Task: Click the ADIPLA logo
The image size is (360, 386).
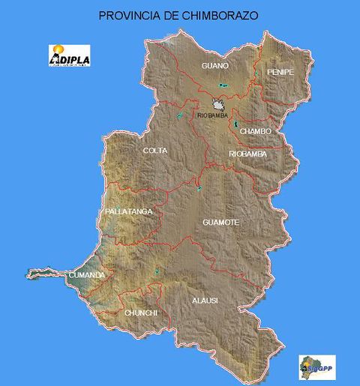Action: pyautogui.click(x=69, y=55)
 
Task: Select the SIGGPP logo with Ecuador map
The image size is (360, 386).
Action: pyautogui.click(x=317, y=367)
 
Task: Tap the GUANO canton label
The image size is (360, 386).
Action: pyautogui.click(x=215, y=66)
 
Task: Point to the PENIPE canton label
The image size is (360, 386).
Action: pyautogui.click(x=280, y=72)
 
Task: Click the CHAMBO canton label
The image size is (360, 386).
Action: pyautogui.click(x=256, y=131)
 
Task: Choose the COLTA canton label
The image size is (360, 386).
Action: pyautogui.click(x=155, y=151)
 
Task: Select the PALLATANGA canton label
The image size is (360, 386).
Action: pyautogui.click(x=130, y=212)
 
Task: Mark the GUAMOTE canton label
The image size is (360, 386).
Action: pyautogui.click(x=220, y=223)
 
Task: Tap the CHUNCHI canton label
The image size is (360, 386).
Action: pyautogui.click(x=140, y=312)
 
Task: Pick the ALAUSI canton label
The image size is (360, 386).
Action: pyautogui.click(x=205, y=301)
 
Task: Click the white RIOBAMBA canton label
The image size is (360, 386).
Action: pyautogui.click(x=247, y=154)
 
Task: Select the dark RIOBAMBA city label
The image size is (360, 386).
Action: pyautogui.click(x=212, y=115)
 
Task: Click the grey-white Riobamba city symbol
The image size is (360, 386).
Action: pyautogui.click(x=218, y=105)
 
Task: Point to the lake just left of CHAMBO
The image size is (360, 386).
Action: pyautogui.click(x=235, y=123)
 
